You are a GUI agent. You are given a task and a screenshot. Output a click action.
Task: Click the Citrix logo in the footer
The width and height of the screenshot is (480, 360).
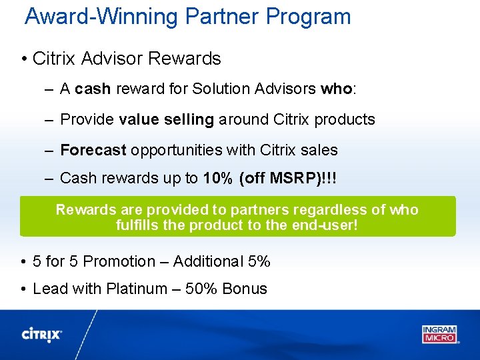coord(42,335)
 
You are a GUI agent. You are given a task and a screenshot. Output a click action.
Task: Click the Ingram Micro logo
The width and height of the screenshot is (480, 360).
coord(439,333)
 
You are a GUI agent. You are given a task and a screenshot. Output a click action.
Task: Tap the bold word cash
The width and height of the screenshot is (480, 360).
coord(93,89)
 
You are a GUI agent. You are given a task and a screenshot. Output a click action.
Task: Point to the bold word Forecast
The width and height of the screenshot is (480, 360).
coord(93,150)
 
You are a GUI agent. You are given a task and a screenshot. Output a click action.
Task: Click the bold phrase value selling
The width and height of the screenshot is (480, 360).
coord(166,119)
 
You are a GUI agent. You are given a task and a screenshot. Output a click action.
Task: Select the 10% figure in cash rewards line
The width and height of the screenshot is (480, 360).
coord(217,178)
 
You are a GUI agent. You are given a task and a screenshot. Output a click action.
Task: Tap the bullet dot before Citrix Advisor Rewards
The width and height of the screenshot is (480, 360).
coord(24,59)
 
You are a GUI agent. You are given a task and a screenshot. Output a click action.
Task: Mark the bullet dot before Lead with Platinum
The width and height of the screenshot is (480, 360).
coord(24,289)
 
